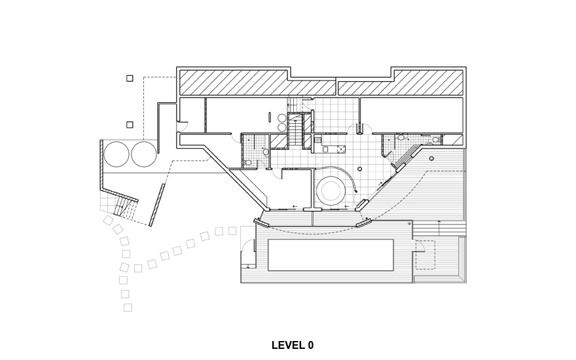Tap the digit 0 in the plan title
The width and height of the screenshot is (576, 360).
point(311,346)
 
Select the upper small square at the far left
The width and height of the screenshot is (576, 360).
point(130,79)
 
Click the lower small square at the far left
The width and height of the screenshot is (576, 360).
point(130,125)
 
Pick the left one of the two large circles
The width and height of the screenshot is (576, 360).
point(117,154)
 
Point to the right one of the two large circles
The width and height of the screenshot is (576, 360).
point(144,154)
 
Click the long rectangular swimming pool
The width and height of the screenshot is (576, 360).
point(331,255)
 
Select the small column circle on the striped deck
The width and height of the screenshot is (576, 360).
point(431,158)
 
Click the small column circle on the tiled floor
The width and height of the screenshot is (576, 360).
point(360,169)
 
